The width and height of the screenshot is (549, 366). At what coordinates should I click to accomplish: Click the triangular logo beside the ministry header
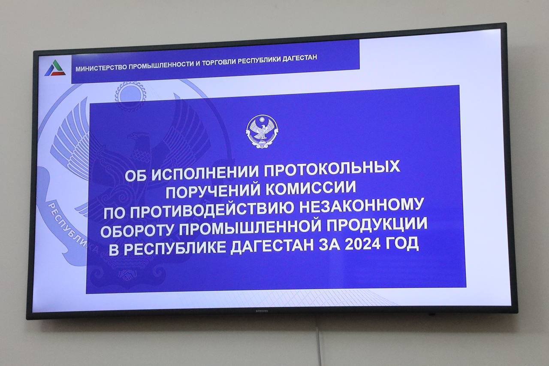click(55, 68)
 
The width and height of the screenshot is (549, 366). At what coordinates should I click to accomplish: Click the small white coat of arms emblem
click(262, 132)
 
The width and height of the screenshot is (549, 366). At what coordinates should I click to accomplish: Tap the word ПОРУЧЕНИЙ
click(213, 191)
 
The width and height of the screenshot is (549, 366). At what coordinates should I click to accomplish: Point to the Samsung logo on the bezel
click(262, 311)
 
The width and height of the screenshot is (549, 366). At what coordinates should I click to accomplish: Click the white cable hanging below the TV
click(319, 346)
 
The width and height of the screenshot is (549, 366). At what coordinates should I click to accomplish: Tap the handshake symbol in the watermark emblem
click(127, 275)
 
